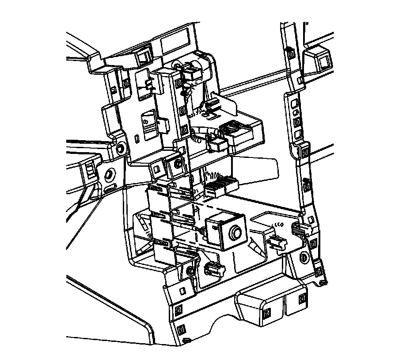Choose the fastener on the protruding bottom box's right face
pos(303,298)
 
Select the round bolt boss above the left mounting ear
pos(119,148)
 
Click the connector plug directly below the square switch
pos(213,268)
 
